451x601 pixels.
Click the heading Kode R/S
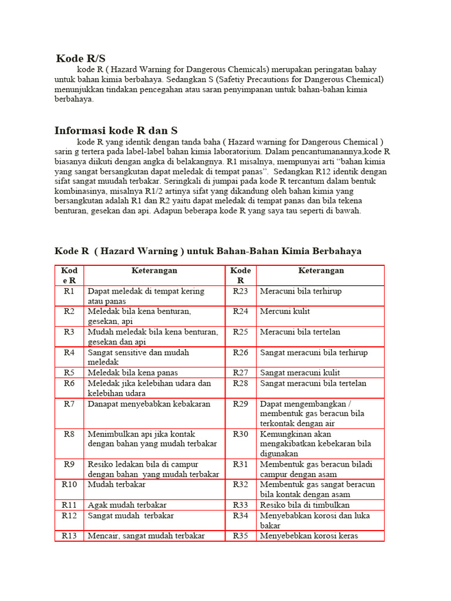[x=81, y=58]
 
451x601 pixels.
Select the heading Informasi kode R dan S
[x=116, y=130]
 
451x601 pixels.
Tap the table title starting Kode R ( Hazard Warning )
[x=208, y=251]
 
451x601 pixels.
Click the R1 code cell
[x=69, y=291]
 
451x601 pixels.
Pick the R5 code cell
[x=69, y=373]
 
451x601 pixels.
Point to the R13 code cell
[x=69, y=536]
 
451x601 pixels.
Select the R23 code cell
[x=241, y=291]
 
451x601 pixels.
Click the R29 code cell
[x=241, y=404]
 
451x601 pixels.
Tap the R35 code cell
[x=241, y=536]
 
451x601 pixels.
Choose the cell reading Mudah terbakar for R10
[x=117, y=485]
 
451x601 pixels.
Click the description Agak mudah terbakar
[x=127, y=505]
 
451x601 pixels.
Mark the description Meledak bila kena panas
[x=133, y=373]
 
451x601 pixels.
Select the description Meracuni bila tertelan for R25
[x=300, y=332]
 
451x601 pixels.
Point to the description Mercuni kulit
[x=285, y=312]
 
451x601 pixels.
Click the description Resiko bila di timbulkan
[x=305, y=505]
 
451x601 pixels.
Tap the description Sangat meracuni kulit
[x=300, y=373]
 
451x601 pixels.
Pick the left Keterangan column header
[x=154, y=271]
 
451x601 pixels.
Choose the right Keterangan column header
[x=321, y=271]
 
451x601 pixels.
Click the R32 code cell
[x=241, y=485]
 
